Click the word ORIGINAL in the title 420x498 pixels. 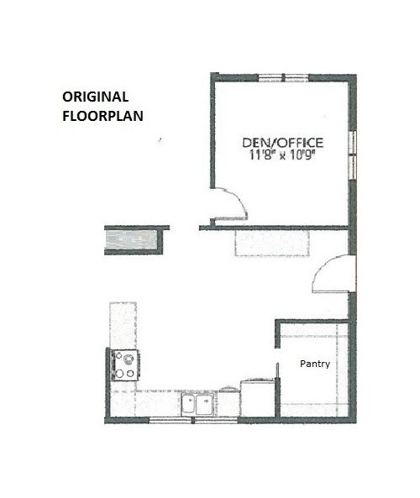coord(95,97)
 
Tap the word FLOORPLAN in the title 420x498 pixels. coord(102,116)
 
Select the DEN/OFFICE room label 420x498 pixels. coord(283,143)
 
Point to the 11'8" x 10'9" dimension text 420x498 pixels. coord(282,155)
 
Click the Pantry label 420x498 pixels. coord(315,364)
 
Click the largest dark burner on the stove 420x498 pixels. coord(129,359)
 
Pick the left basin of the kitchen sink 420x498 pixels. coord(188,404)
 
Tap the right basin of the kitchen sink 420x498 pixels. coord(204,404)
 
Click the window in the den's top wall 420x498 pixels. coord(283,78)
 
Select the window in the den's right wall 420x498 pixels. coord(352,155)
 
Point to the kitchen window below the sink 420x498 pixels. coord(193,421)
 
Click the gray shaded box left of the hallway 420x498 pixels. coord(131,240)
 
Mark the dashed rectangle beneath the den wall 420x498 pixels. coord(272,243)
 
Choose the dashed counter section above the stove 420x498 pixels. coord(123,325)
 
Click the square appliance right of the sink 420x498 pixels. coord(258,398)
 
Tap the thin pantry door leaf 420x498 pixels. coord(278,370)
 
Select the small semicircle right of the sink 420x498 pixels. coord(229,389)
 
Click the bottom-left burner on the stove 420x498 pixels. coord(119,374)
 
